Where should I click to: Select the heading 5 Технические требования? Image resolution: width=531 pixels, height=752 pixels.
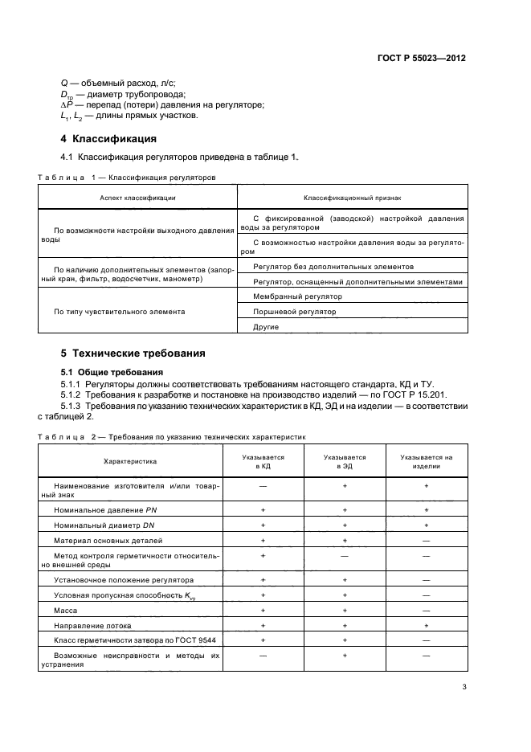point(133,353)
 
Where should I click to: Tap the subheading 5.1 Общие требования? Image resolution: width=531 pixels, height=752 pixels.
point(112,372)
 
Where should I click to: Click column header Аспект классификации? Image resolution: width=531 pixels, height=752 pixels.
point(137,197)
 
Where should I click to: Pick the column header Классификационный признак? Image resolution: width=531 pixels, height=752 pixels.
point(352,197)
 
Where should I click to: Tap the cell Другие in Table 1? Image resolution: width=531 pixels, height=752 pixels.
point(265,326)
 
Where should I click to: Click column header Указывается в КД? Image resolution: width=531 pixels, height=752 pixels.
point(263,461)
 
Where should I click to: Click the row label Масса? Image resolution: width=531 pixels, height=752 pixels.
point(64,611)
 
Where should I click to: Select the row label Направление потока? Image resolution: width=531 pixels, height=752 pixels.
point(92,625)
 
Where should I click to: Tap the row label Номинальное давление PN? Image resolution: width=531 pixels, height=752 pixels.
point(100,510)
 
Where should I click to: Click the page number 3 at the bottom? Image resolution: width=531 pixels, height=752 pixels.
point(464,687)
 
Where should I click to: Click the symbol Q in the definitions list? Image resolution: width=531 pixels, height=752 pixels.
point(64,83)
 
